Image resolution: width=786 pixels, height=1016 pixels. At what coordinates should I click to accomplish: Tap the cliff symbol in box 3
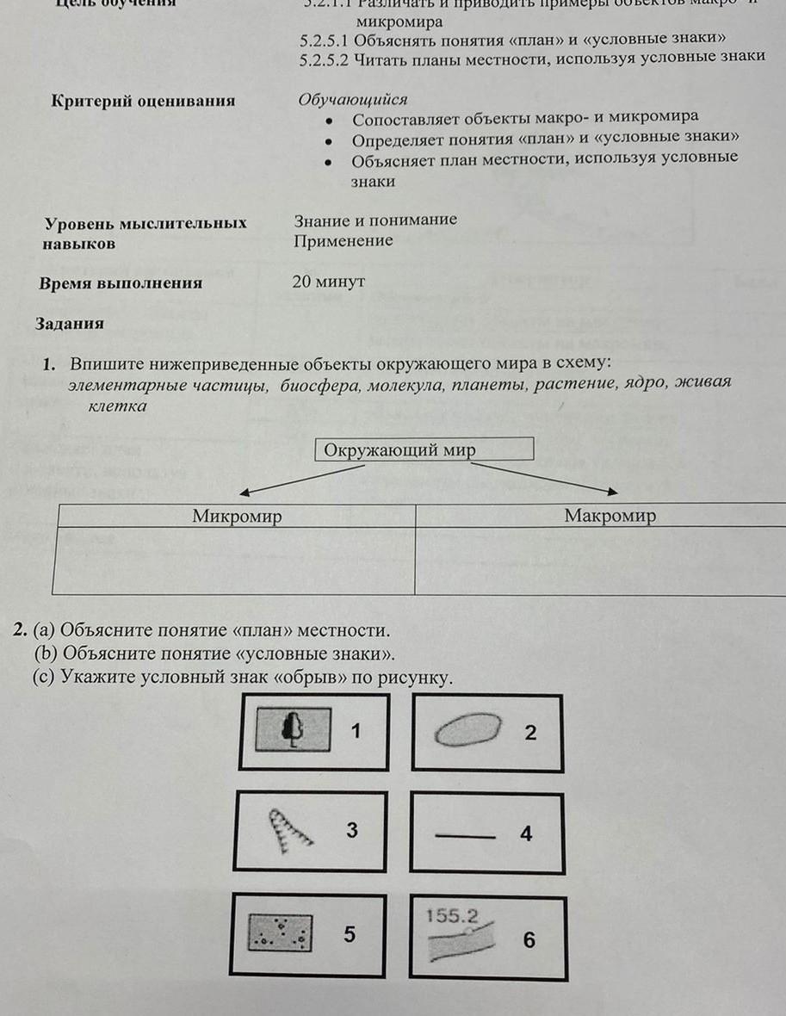(x=289, y=829)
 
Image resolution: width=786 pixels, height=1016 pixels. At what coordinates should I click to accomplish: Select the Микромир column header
(x=237, y=516)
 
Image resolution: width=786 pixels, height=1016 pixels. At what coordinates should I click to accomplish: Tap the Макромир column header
(x=610, y=516)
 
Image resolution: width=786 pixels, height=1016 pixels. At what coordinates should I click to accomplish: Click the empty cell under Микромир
(x=234, y=561)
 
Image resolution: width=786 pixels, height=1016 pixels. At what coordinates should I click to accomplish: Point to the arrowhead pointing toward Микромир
(x=245, y=493)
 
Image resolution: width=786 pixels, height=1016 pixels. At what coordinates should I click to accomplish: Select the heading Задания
(x=69, y=324)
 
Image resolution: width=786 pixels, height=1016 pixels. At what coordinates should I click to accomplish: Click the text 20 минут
(x=329, y=282)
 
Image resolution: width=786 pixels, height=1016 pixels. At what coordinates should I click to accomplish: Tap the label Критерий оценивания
(x=143, y=101)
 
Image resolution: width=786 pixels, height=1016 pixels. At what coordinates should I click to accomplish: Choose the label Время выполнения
(x=121, y=282)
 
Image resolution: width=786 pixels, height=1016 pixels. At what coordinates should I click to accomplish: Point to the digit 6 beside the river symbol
(x=529, y=940)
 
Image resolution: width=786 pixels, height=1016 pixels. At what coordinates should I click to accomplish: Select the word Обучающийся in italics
(x=352, y=100)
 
